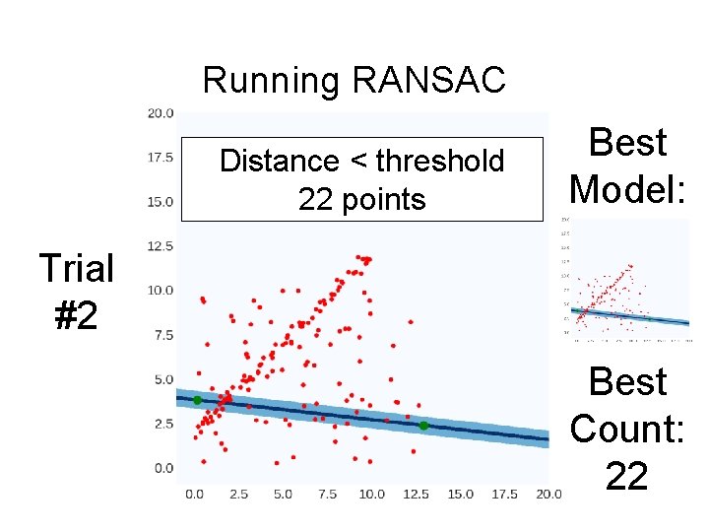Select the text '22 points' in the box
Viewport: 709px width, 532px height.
(361, 200)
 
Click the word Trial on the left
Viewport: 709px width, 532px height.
(76, 268)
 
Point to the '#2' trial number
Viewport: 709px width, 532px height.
(76, 315)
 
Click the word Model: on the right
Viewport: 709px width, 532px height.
(627, 187)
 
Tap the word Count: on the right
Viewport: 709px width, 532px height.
(627, 429)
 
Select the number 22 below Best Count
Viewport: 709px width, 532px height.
(627, 477)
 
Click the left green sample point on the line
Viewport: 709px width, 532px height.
(197, 400)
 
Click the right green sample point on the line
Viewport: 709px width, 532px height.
(423, 426)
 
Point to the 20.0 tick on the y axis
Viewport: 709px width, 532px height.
(161, 113)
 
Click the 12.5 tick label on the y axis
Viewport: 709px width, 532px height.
(161, 246)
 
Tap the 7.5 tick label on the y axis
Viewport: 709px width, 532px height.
(163, 335)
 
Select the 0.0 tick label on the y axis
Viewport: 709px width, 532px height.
(163, 468)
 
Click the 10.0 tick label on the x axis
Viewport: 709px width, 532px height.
(371, 493)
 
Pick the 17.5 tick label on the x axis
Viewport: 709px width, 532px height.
(504, 493)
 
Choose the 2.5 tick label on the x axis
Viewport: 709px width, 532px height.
(239, 493)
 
